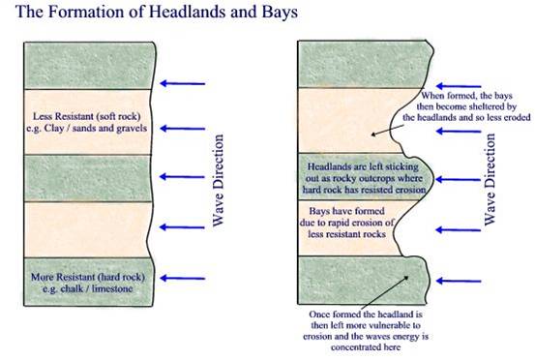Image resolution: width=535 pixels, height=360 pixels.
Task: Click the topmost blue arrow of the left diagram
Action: tap(183, 84)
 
